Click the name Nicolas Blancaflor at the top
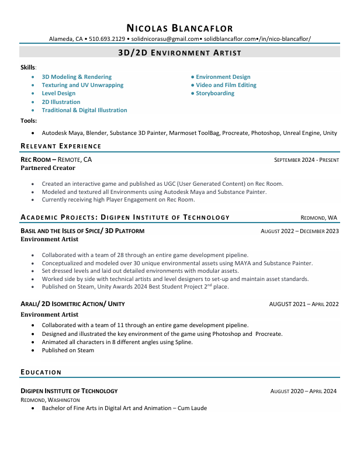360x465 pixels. [179, 27]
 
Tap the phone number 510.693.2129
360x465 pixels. [107, 39]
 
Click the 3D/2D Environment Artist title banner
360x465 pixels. [179, 53]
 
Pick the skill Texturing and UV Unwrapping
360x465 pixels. [82, 85]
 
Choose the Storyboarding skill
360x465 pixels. [215, 93]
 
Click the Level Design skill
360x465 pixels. [58, 93]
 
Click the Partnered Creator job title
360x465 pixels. [48, 168]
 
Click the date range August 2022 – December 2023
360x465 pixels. [299, 231]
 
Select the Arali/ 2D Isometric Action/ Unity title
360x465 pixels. [72, 304]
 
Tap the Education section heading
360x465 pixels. [41, 372]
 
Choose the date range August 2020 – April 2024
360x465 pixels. [303, 391]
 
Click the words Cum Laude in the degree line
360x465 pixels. [193, 408]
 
